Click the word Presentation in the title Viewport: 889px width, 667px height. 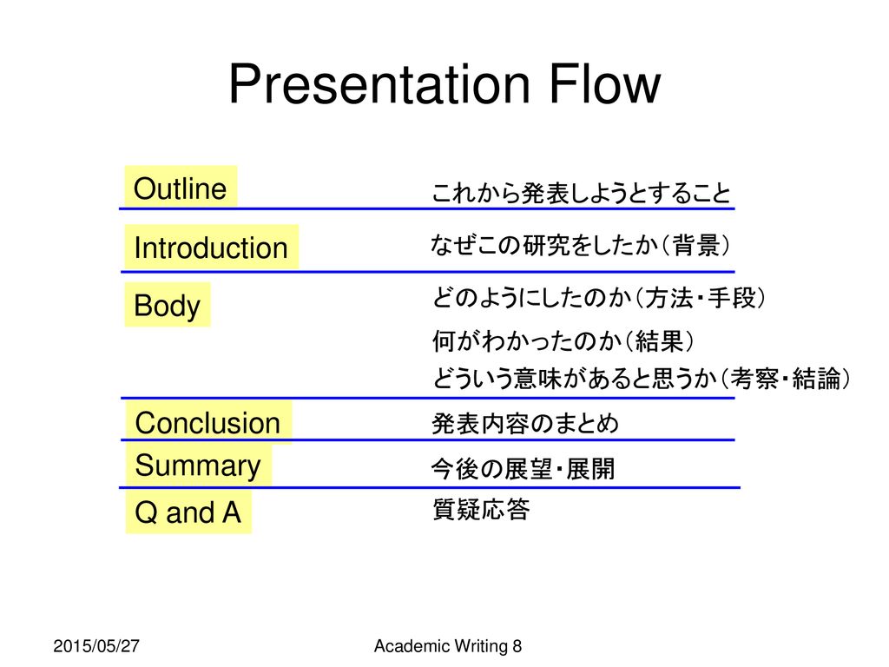(x=379, y=83)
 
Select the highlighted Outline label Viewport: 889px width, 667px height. (x=181, y=188)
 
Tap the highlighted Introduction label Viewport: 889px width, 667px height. (x=210, y=248)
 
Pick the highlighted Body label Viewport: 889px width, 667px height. (x=168, y=305)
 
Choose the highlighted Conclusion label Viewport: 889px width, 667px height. (x=207, y=423)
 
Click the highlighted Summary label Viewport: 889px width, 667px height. (x=198, y=466)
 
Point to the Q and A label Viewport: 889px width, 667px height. (x=188, y=512)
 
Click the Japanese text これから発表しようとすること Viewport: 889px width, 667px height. (x=581, y=193)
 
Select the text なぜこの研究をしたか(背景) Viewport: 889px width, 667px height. (x=579, y=245)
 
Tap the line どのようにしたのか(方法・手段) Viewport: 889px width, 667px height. (x=599, y=298)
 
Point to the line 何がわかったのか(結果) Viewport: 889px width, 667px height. (x=563, y=340)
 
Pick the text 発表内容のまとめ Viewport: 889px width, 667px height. (x=525, y=423)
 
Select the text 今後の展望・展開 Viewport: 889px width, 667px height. (x=523, y=469)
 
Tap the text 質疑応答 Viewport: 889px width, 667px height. (x=481, y=509)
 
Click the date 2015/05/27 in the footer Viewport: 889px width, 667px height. (x=96, y=646)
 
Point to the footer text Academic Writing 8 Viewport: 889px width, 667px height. (x=448, y=646)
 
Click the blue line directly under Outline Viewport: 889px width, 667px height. (x=427, y=208)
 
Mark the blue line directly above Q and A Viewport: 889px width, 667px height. (x=430, y=487)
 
